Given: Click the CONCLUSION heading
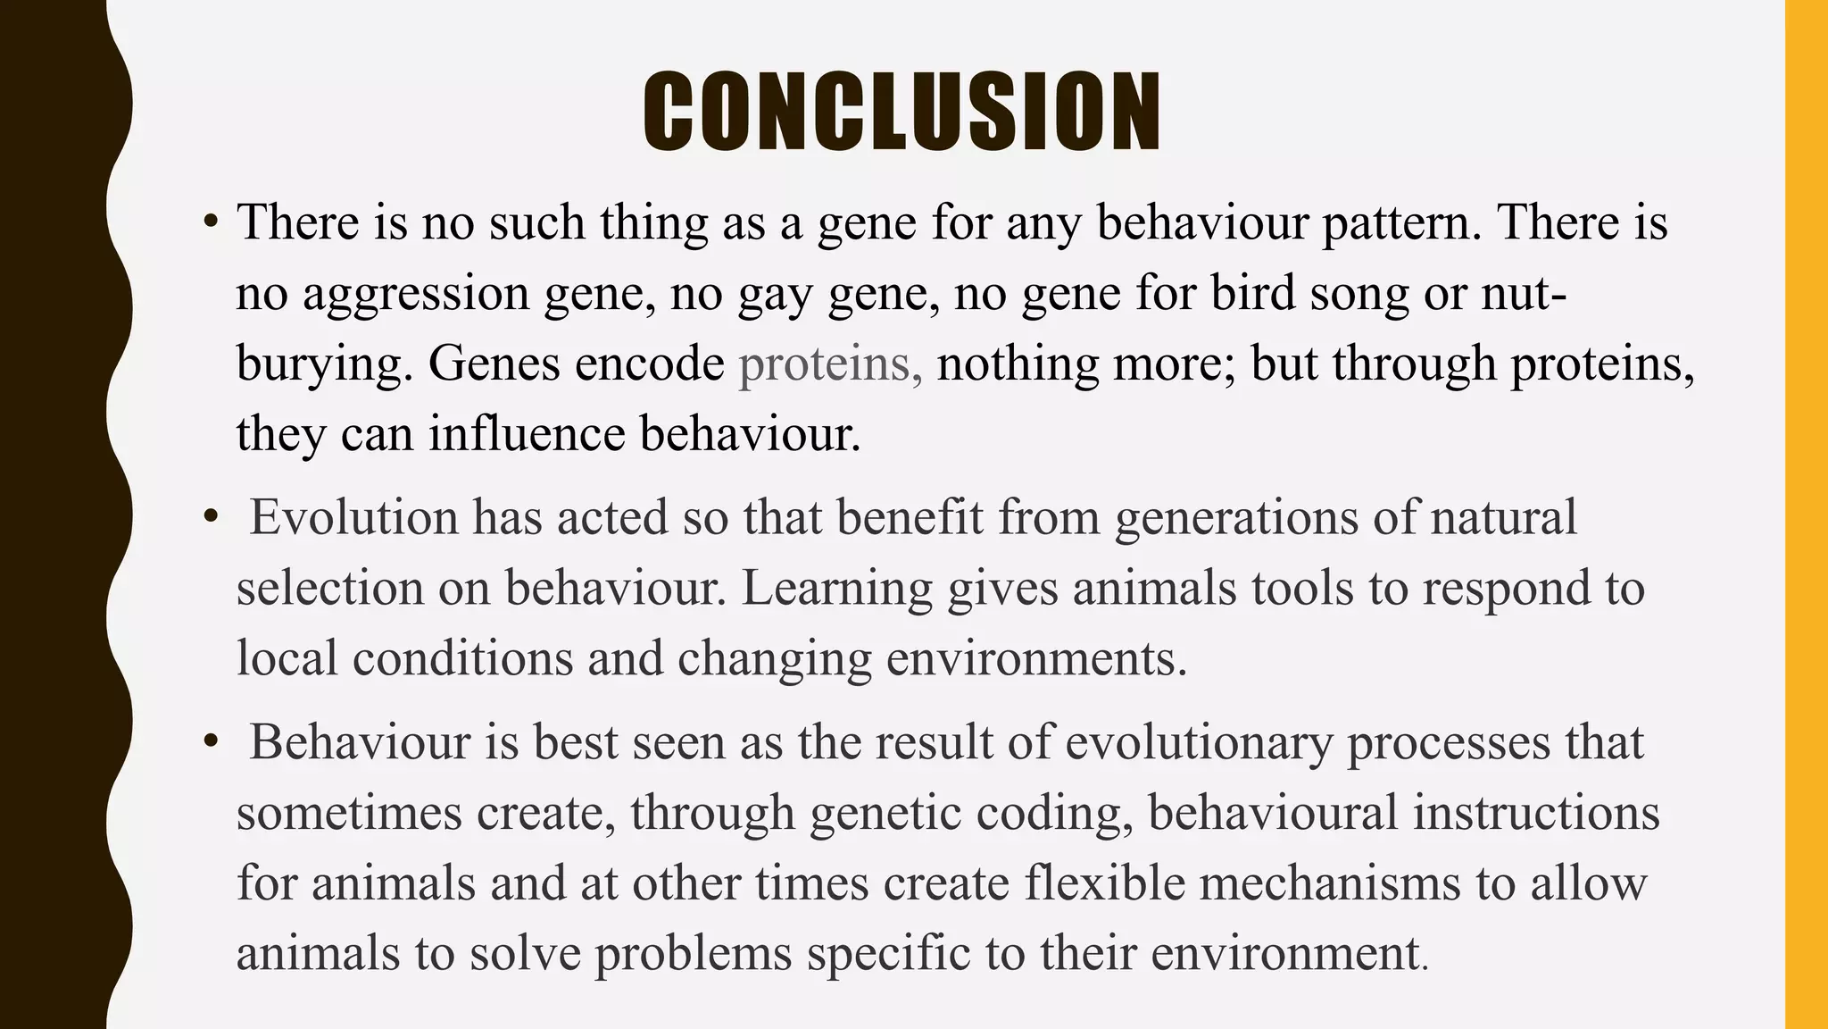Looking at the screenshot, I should (902, 112).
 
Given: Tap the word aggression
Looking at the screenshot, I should (416, 295).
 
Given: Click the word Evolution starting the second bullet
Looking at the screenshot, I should (353, 518).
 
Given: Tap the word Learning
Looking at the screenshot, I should (836, 590).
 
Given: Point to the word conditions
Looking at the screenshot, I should (462, 659).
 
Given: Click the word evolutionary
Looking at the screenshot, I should (1199, 743).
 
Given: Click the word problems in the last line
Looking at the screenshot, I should (694, 954).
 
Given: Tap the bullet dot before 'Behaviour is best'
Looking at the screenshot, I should (211, 741).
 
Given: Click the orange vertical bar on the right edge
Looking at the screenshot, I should (1806, 514).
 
